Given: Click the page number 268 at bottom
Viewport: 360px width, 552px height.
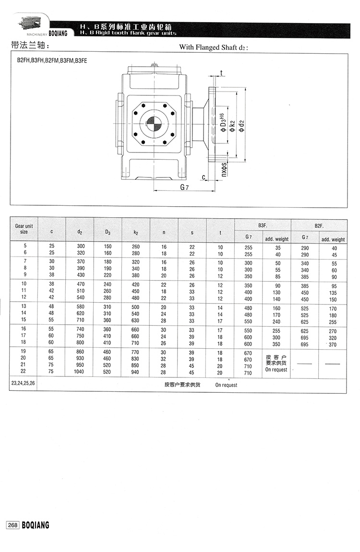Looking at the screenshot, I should [x=12, y=525].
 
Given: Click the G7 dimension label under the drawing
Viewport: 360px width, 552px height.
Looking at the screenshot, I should [x=183, y=188].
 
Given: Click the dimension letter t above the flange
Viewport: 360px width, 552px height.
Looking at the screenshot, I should [x=221, y=72].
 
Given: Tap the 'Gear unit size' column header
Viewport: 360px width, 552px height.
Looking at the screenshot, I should [x=24, y=228].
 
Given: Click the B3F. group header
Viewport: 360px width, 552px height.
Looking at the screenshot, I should [x=263, y=224].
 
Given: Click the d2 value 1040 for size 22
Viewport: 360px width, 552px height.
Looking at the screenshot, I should [x=80, y=373].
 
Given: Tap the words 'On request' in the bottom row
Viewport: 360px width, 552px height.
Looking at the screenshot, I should [x=226, y=385].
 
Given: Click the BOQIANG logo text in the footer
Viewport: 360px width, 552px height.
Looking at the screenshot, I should [x=36, y=525].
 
